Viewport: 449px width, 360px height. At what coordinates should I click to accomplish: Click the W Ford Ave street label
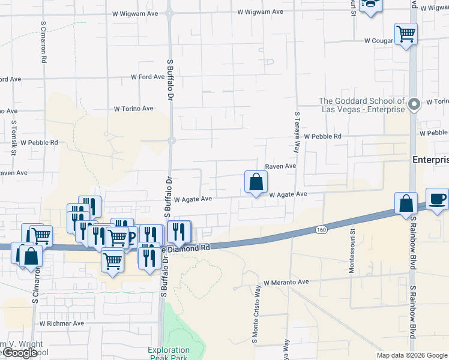[148, 77]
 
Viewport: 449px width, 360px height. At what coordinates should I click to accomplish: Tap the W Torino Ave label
[134, 109]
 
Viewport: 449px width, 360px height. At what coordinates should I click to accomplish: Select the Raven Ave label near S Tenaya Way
[281, 166]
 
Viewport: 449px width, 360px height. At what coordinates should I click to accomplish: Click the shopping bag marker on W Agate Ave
[256, 182]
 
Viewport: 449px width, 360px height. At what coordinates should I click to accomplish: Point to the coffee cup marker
[437, 199]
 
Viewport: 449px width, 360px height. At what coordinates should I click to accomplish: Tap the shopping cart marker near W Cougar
[406, 34]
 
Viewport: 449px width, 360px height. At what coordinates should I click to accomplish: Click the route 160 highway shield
[321, 229]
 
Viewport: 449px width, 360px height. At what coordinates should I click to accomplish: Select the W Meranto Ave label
[286, 282]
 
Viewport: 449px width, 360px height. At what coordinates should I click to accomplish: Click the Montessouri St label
[352, 250]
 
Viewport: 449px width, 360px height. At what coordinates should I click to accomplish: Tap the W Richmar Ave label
[62, 323]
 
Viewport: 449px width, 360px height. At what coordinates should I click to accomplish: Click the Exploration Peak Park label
[169, 354]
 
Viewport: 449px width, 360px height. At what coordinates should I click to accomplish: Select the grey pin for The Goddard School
[414, 105]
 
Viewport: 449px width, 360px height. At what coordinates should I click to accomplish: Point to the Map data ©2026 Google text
[412, 355]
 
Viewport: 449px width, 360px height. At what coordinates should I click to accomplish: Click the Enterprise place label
[430, 160]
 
